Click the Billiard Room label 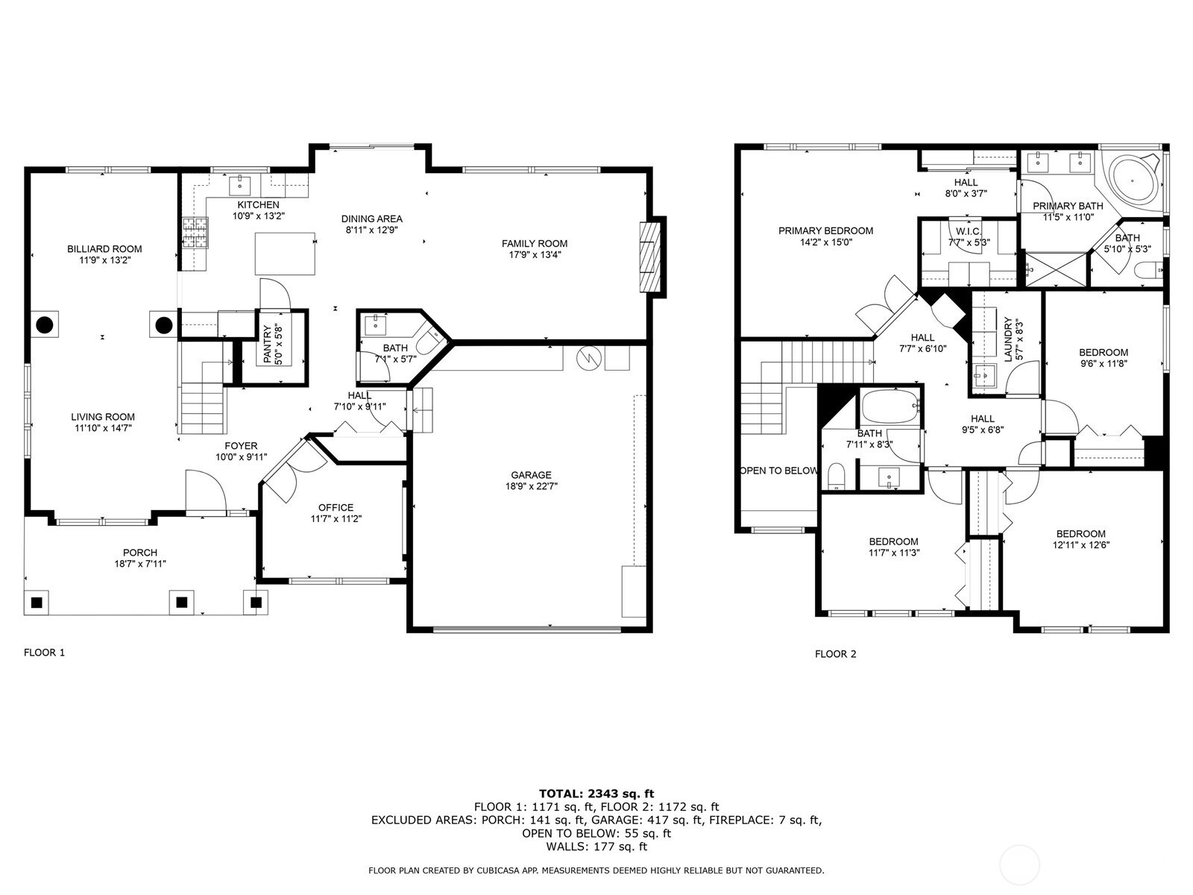click(104, 249)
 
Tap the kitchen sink click(239, 185)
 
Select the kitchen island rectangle click(285, 254)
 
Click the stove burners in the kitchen click(195, 233)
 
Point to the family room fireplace click(652, 257)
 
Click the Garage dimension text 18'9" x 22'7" click(531, 486)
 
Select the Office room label click(336, 508)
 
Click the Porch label click(140, 553)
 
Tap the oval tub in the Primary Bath click(1133, 179)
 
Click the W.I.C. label click(969, 231)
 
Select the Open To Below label click(779, 471)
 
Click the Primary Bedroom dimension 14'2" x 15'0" click(825, 242)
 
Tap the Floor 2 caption click(835, 654)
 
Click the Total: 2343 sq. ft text click(596, 794)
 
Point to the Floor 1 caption click(44, 653)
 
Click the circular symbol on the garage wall click(588, 358)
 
